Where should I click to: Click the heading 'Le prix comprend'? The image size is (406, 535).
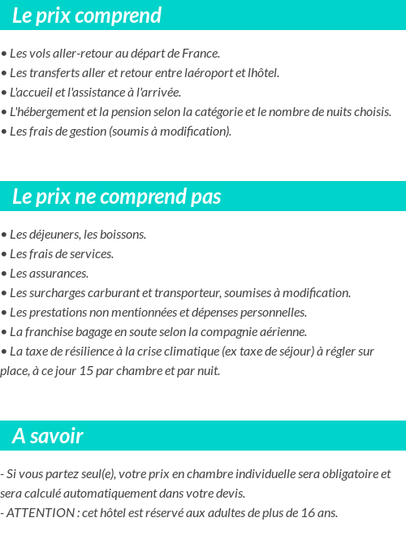(87, 15)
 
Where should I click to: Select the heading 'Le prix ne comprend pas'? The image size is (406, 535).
(116, 196)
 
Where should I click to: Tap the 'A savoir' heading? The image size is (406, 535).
(48, 436)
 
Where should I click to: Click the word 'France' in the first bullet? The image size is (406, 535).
(200, 54)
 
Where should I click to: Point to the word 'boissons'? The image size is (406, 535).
(124, 235)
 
